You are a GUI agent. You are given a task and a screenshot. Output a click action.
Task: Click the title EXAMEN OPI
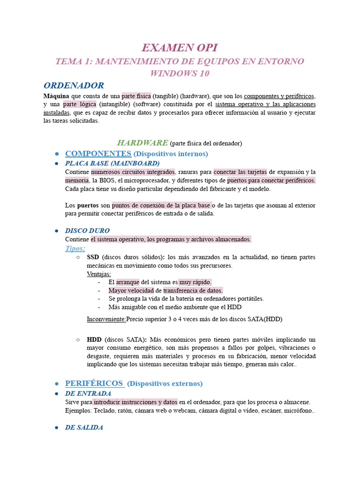(x=180, y=47)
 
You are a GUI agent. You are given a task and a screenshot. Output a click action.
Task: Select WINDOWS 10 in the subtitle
(x=180, y=74)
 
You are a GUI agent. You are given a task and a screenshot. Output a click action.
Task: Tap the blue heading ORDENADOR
(x=74, y=85)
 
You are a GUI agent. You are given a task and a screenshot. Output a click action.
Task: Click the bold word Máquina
(x=56, y=96)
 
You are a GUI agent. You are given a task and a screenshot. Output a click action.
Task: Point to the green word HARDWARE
(x=142, y=142)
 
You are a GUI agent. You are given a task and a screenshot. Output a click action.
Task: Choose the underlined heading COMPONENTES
(x=98, y=154)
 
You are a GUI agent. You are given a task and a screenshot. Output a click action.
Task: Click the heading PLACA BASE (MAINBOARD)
(x=112, y=163)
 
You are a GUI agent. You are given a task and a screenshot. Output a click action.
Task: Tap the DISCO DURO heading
(x=87, y=231)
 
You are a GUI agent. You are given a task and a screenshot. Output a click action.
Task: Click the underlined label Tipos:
(x=75, y=248)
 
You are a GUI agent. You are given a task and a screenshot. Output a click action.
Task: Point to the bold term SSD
(x=93, y=257)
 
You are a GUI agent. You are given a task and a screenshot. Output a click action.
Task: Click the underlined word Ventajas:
(x=99, y=274)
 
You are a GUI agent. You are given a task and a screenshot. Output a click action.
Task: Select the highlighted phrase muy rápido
(x=195, y=282)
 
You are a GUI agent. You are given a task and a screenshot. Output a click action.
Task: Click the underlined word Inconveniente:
(x=106, y=319)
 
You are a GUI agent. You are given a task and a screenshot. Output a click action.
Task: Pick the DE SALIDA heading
(x=84, y=427)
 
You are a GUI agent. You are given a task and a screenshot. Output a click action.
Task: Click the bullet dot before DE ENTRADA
(x=56, y=394)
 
